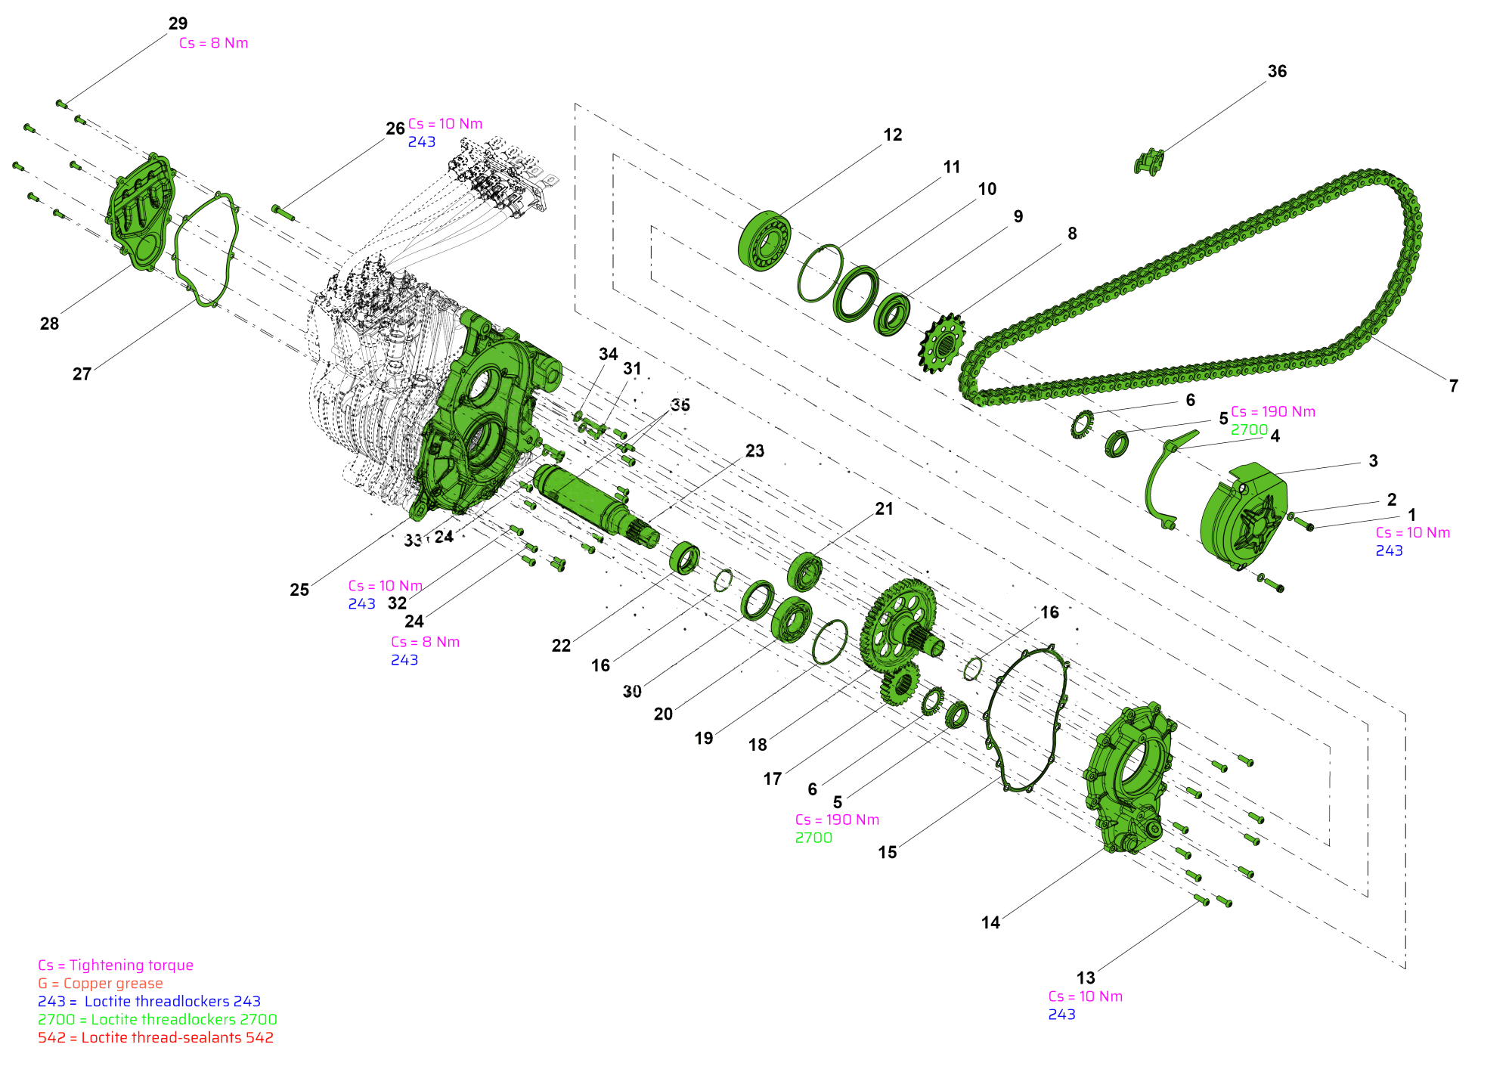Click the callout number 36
(x=1277, y=71)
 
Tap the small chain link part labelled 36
(x=1148, y=162)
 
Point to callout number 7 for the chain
(x=1453, y=386)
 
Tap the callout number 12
(x=893, y=135)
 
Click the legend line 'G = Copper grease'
(x=101, y=984)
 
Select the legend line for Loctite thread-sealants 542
(x=156, y=1038)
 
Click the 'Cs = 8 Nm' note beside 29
(x=214, y=43)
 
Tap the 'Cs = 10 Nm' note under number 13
(x=1086, y=996)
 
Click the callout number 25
(x=299, y=590)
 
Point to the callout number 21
(x=884, y=509)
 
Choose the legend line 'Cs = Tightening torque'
(x=116, y=965)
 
